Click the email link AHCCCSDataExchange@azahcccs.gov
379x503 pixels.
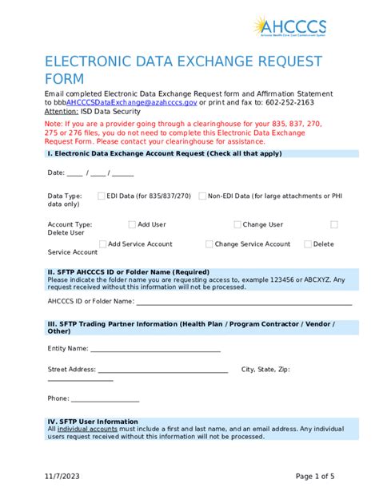[x=131, y=103]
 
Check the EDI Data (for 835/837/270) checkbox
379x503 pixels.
[x=101, y=196]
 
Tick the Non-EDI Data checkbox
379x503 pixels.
[x=202, y=196]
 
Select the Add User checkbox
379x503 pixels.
[x=131, y=224]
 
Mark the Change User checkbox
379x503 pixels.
[x=237, y=224]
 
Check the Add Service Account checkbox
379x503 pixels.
[x=103, y=244]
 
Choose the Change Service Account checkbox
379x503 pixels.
[x=209, y=244]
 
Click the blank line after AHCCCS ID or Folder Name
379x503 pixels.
[x=244, y=303]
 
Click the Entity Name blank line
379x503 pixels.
[x=155, y=350]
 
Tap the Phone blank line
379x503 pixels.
[x=105, y=399]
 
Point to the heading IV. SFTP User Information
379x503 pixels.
[x=93, y=422]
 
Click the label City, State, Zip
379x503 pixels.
[x=265, y=370]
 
